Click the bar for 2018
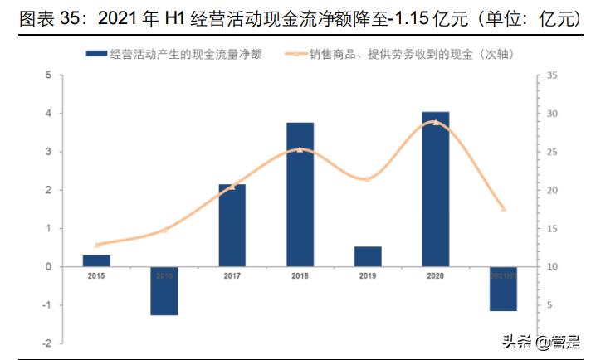pos(300,194)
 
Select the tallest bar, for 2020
pos(435,189)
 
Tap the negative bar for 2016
pos(164,290)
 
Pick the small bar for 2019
pos(368,256)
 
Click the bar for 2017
pos(232,225)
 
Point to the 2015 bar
pos(96,260)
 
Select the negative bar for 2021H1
pos(503,289)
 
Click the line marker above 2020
pos(436,122)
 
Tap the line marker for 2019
pos(368,179)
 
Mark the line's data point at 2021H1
pos(503,208)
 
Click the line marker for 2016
pos(164,230)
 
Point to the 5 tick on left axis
pos(49,75)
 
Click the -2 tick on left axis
pos(47,343)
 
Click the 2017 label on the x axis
pos(232,275)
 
